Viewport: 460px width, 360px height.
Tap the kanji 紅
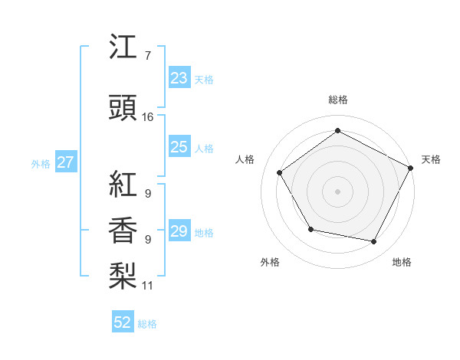coord(123,183)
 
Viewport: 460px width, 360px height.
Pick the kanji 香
coord(123,230)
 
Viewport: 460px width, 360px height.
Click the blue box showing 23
coord(179,78)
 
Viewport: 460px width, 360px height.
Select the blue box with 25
coord(179,148)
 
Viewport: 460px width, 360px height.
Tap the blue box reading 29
coord(179,232)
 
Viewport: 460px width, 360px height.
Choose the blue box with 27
coord(65,162)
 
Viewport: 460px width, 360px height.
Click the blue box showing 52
coord(123,322)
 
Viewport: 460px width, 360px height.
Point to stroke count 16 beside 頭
coord(148,117)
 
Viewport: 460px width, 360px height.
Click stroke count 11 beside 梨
coord(148,286)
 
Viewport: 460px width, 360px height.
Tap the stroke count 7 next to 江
coord(147,57)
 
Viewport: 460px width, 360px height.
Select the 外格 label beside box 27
coord(41,163)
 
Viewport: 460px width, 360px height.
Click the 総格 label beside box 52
coord(147,324)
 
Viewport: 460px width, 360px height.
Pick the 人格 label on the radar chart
coord(245,159)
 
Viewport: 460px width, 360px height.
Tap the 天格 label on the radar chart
coord(431,159)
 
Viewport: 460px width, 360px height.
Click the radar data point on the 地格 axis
coord(374,242)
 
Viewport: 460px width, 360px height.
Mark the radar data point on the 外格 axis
coord(310,229)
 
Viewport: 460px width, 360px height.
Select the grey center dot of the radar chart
coord(337,191)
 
